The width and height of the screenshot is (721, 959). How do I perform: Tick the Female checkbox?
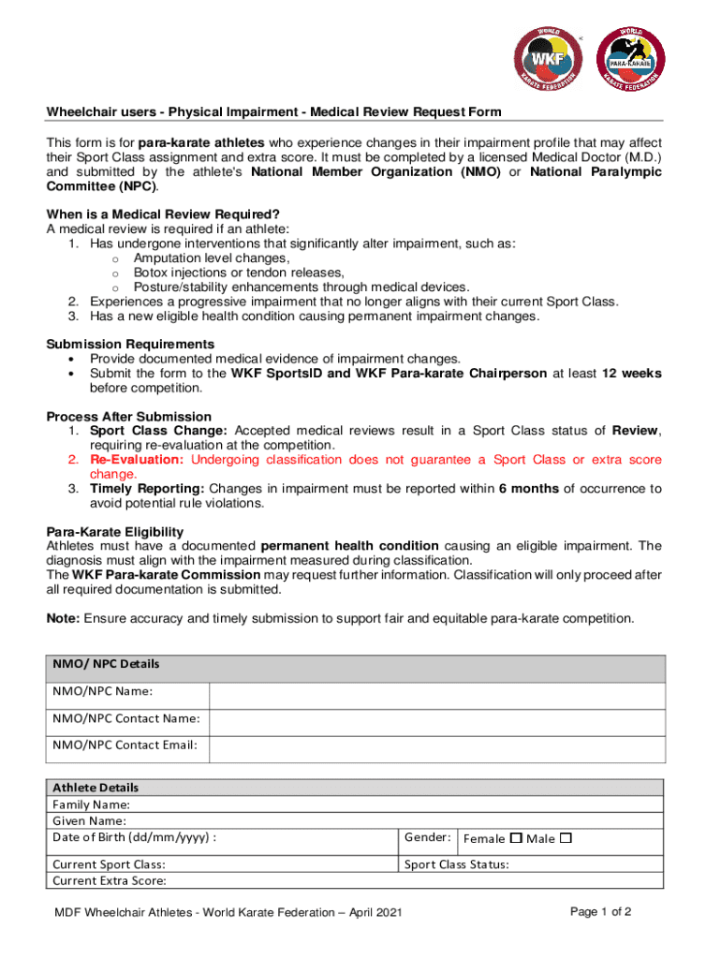pos(515,838)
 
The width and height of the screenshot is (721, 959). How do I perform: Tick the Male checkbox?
pos(566,838)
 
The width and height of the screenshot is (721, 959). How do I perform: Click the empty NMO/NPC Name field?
pos(436,696)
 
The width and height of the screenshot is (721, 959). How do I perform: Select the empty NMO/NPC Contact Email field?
pos(436,749)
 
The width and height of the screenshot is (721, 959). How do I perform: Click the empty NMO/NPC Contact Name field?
pos(436,722)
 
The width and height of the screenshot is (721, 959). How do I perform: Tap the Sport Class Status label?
pos(457,864)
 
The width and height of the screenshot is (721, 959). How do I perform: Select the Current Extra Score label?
pos(110,881)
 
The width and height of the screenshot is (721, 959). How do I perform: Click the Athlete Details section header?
pos(96,788)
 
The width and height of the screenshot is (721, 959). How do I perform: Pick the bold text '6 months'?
pos(530,489)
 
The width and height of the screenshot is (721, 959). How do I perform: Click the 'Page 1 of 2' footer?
pos(601,912)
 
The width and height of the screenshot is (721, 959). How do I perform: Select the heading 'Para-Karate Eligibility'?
pos(115,532)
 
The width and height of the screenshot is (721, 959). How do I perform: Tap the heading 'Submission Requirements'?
pos(130,345)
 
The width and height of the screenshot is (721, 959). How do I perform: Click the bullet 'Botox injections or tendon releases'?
pos(238,273)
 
